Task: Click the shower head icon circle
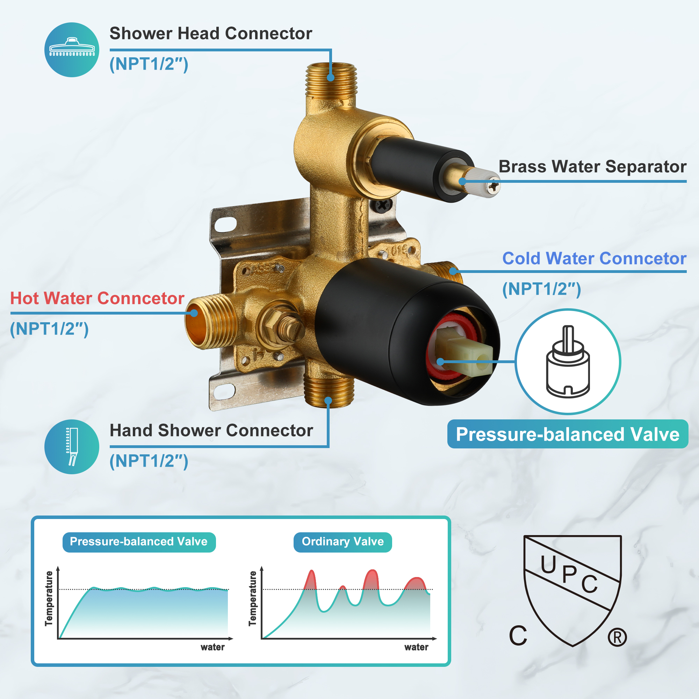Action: tap(72, 50)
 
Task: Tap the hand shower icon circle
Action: tap(72, 447)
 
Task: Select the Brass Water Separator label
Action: tap(592, 167)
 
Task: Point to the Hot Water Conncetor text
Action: tap(97, 298)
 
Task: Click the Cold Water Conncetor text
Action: tap(594, 259)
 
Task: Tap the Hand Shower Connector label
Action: tap(211, 431)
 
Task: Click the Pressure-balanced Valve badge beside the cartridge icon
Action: tap(567, 434)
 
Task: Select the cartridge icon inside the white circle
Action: tap(568, 361)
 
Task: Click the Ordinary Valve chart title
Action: tap(343, 542)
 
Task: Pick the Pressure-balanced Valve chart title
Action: tap(139, 542)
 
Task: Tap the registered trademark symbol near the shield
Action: tap(617, 637)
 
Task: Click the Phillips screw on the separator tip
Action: tap(493, 186)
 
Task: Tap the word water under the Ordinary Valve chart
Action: tap(416, 647)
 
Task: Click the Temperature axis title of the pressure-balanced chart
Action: tap(49, 598)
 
